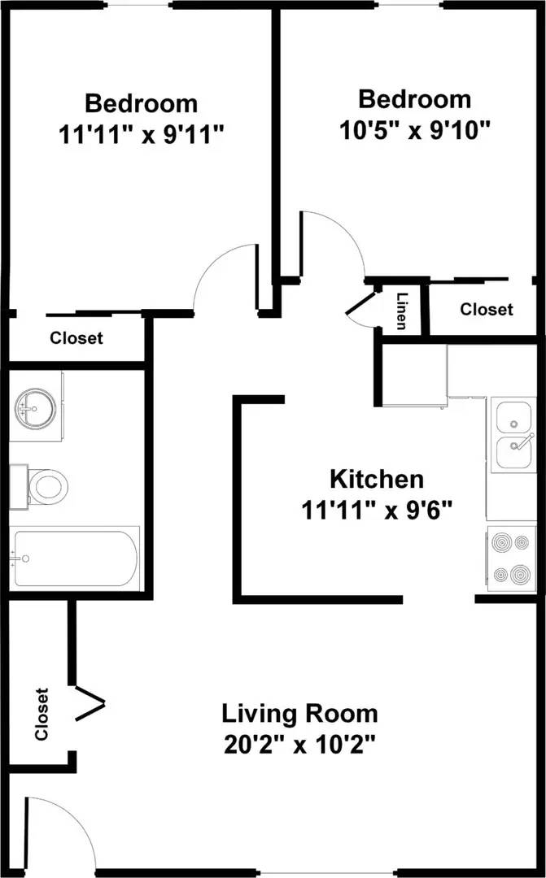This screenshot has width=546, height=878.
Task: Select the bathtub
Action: point(75,558)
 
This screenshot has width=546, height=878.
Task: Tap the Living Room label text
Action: point(299,714)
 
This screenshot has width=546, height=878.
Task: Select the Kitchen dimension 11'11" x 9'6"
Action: point(375,510)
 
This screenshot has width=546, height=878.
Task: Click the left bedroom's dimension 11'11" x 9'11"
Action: point(141,134)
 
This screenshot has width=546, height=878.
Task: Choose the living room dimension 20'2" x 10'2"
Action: point(299,744)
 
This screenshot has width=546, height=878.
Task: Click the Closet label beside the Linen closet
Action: point(487,310)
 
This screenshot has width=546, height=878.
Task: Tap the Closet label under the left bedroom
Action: point(76,338)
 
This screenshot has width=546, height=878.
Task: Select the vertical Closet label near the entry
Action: point(41,715)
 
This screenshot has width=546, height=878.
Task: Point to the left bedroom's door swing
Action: point(220,276)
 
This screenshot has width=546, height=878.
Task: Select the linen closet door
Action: point(360,304)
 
